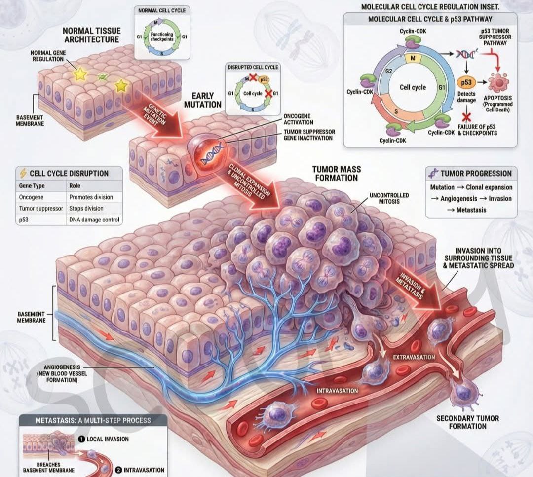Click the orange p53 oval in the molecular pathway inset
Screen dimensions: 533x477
pyautogui.click(x=466, y=82)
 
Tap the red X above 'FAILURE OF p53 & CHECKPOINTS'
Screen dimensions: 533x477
pyautogui.click(x=467, y=117)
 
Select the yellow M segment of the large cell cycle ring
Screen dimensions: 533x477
pyautogui.click(x=413, y=58)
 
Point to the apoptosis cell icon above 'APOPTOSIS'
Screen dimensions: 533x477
pyautogui.click(x=498, y=82)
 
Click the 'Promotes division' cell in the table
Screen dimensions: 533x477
pyautogui.click(x=91, y=197)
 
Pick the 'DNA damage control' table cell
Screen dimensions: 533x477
pyautogui.click(x=94, y=220)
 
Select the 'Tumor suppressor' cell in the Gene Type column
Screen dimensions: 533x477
pyautogui.click(x=41, y=208)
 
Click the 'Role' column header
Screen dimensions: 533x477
pyautogui.click(x=75, y=186)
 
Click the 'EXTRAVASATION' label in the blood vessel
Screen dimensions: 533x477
pyautogui.click(x=414, y=357)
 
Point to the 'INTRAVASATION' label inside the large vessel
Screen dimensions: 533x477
pyautogui.click(x=337, y=391)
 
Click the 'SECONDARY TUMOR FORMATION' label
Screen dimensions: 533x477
pyautogui.click(x=468, y=422)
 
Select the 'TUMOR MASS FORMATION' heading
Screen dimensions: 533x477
pyautogui.click(x=337, y=173)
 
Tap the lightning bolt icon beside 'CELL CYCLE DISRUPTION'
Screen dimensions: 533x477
pyautogui.click(x=23, y=173)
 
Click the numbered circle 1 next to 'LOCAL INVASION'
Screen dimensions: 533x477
pyautogui.click(x=81, y=439)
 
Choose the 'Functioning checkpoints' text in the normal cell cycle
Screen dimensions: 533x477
pyautogui.click(x=162, y=37)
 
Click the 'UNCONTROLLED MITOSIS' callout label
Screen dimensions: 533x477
pyautogui.click(x=389, y=198)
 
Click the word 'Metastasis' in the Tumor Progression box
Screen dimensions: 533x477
pyautogui.click(x=471, y=210)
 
